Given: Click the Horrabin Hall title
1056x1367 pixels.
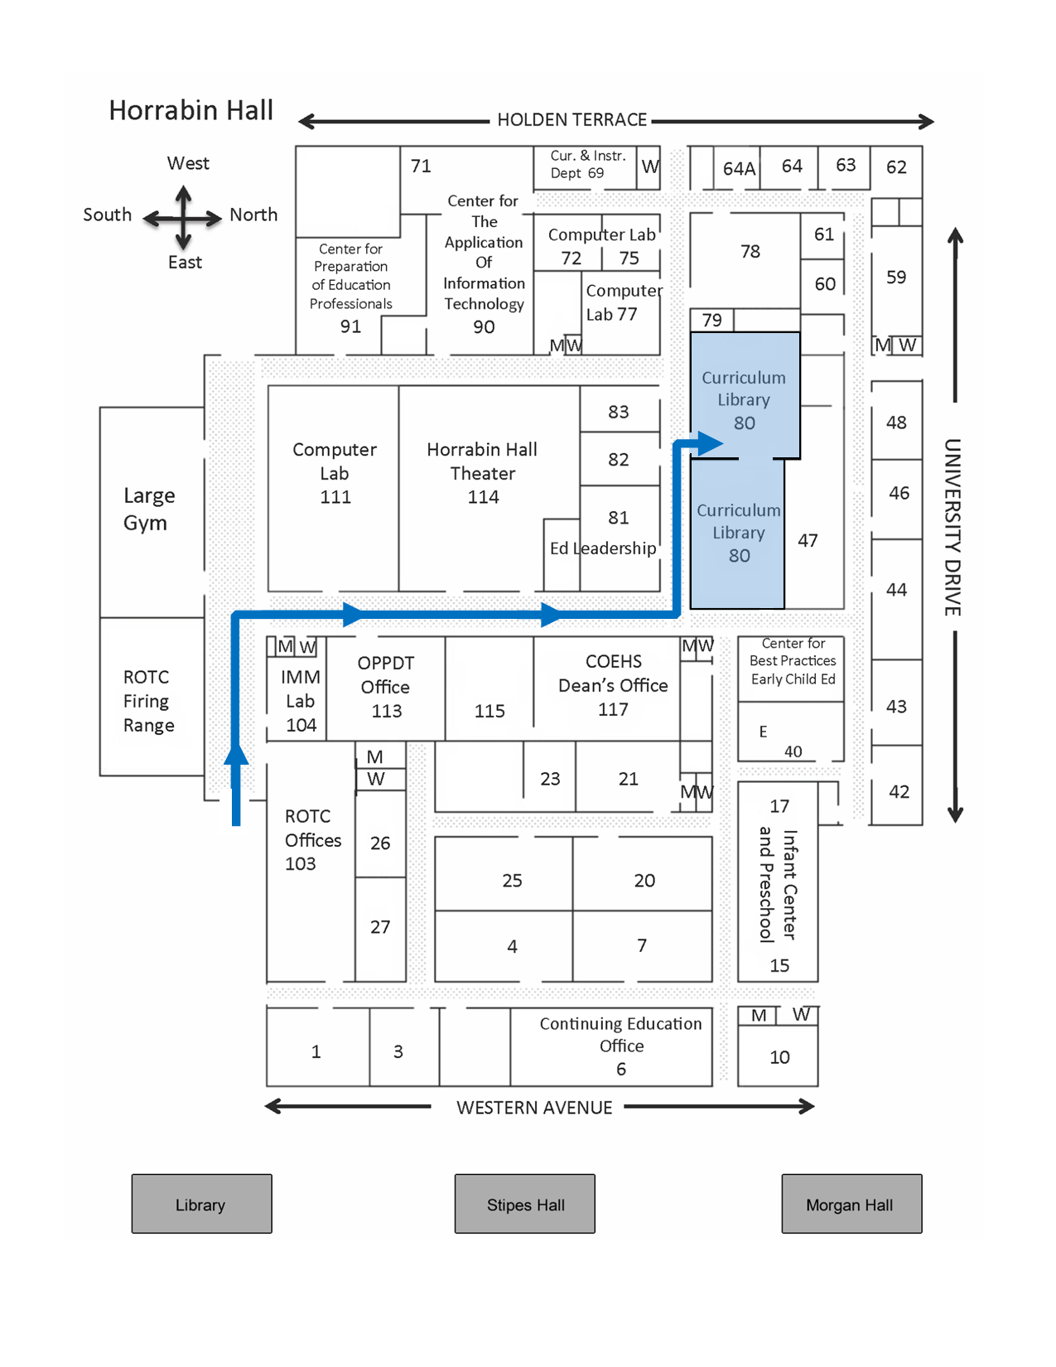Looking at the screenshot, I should click(190, 110).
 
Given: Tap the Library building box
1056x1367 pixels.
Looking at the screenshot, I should click(201, 1204).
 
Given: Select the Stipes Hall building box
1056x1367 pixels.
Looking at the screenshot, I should click(525, 1204).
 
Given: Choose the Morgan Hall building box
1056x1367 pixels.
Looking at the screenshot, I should click(851, 1204).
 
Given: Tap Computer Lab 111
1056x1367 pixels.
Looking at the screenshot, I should click(335, 473).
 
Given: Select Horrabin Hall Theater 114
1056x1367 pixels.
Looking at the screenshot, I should click(483, 473).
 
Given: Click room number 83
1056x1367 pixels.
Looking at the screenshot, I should click(619, 412).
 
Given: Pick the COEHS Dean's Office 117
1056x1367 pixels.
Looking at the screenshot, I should click(613, 685).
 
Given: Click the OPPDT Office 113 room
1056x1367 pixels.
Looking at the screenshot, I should click(385, 687).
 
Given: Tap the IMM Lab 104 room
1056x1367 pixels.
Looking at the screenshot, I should click(300, 701).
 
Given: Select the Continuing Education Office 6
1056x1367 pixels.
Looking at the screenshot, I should click(620, 1046).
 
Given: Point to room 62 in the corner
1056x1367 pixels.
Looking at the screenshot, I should click(896, 167).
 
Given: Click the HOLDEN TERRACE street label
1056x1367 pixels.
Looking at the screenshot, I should click(571, 120).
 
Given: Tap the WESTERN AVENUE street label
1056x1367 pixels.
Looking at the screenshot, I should click(534, 1108).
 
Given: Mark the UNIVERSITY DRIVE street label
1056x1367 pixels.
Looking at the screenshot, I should click(952, 527).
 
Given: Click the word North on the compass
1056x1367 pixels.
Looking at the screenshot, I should click(253, 215).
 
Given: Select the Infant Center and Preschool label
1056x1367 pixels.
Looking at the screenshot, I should click(779, 885).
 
